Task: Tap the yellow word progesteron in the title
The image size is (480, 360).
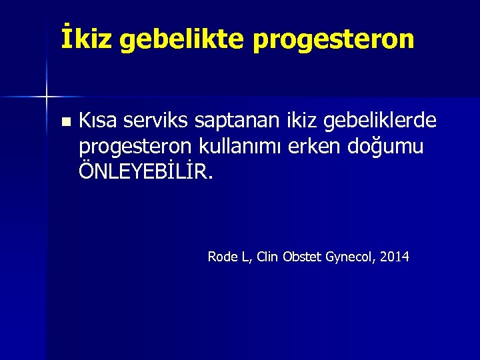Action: (333, 41)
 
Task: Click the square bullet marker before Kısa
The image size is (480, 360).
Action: (64, 122)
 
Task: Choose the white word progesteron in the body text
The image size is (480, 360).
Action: (136, 147)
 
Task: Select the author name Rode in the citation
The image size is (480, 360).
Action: (221, 257)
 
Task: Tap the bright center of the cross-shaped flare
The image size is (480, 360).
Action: (47, 97)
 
